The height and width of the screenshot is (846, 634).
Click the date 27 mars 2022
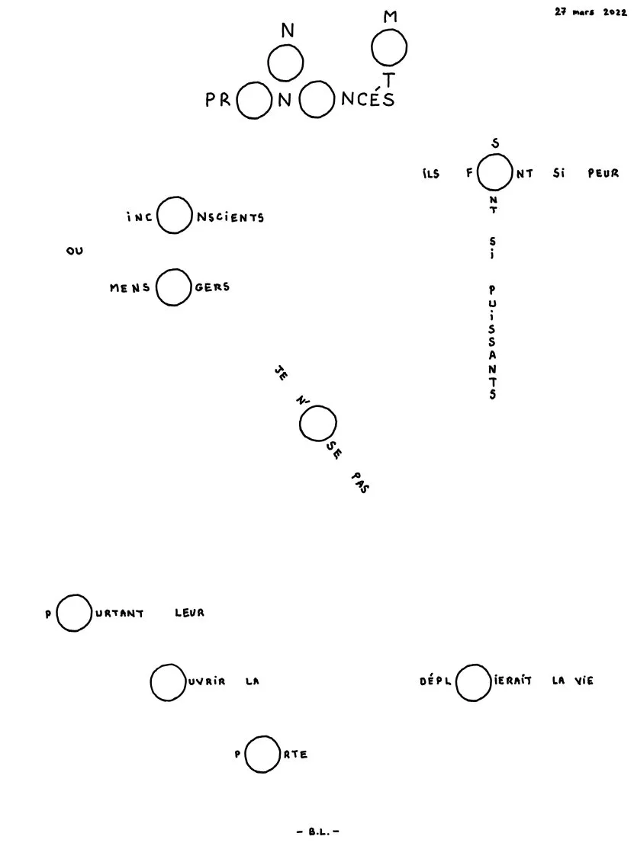(x=591, y=12)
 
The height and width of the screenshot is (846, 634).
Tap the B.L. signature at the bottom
(x=318, y=832)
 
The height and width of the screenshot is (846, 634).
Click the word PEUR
(x=603, y=174)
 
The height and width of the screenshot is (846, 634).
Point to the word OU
(x=75, y=251)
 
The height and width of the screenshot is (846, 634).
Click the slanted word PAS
(x=360, y=483)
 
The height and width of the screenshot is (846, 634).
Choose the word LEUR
(x=189, y=613)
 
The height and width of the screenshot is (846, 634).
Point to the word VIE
(x=584, y=681)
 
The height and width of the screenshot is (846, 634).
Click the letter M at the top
(x=390, y=17)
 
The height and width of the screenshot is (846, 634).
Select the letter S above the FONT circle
(x=494, y=143)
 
